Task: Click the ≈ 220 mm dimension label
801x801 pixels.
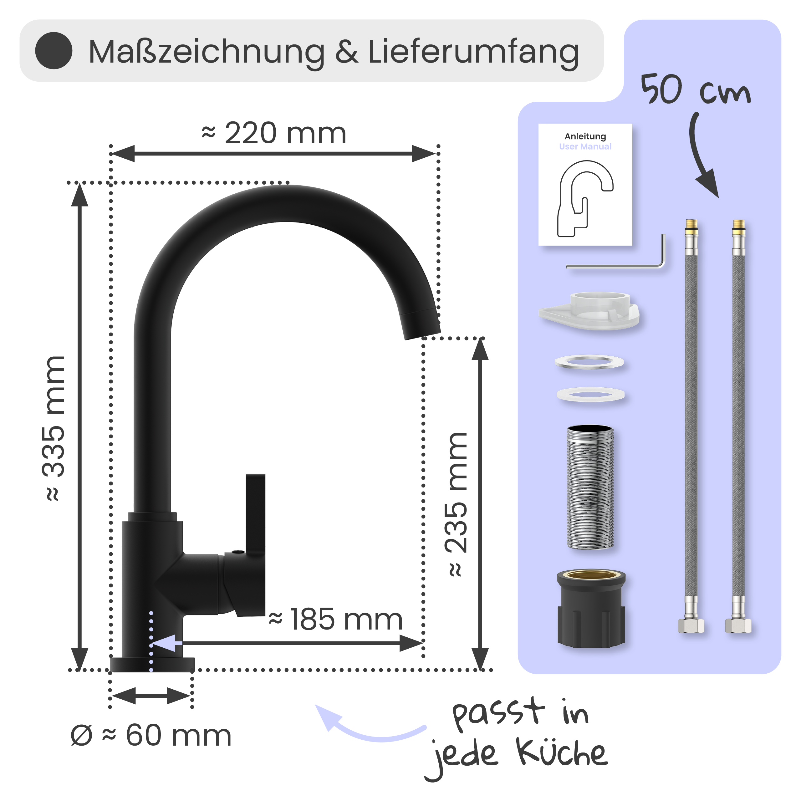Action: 274,134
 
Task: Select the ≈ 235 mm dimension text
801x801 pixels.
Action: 456,504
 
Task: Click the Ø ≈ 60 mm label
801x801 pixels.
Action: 151,736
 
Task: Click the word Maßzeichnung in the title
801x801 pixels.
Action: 207,52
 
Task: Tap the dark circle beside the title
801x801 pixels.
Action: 54,51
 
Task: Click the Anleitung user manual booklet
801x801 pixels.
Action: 585,185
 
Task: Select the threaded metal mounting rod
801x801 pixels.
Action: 589,487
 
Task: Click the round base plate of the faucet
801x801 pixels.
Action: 152,665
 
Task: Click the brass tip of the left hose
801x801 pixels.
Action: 691,225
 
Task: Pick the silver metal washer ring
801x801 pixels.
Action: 589,362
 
